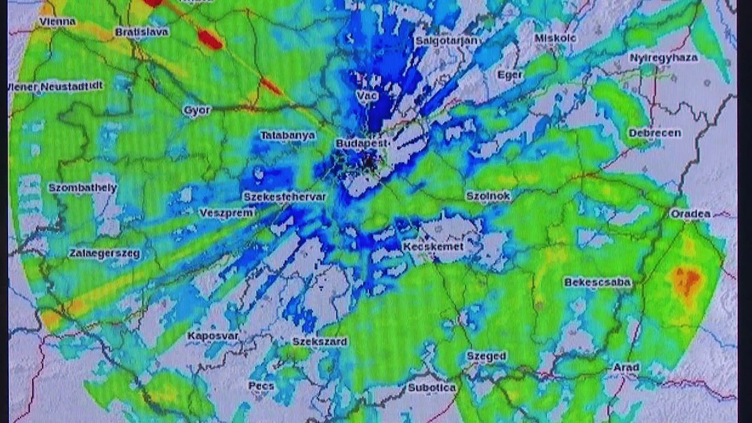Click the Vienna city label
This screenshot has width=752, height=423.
click(58, 22)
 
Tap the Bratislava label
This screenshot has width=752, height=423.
click(142, 32)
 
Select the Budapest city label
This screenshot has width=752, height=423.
click(362, 143)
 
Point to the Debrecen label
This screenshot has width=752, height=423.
click(654, 133)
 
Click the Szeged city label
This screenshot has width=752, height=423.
click(486, 356)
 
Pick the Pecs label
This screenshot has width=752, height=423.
click(261, 386)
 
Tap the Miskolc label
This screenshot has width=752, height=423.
click(555, 38)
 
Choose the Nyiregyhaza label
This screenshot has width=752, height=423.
click(663, 58)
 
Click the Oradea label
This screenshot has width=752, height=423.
click(690, 214)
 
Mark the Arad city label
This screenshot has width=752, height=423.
click(626, 367)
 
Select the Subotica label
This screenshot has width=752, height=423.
click(432, 387)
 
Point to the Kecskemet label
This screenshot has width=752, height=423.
click(433, 247)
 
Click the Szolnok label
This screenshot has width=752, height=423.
click(488, 196)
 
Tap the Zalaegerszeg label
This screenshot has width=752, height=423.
click(104, 254)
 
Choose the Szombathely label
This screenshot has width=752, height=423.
click(82, 188)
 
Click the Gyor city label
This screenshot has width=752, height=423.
click(197, 110)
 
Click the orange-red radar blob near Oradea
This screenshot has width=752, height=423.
click(686, 280)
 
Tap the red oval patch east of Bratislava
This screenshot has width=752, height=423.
click(210, 39)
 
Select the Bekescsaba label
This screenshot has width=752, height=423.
click(597, 282)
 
